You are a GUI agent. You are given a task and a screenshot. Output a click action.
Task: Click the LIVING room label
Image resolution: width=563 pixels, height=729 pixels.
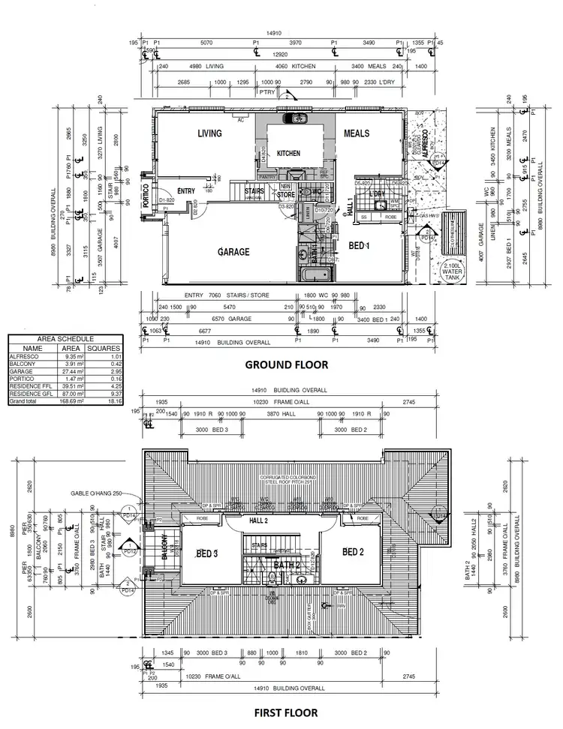tap(210, 133)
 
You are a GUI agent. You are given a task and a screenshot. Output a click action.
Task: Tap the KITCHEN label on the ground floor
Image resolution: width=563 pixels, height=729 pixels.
tap(288, 153)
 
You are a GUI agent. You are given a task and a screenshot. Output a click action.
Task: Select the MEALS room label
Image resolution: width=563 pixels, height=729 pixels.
tap(357, 133)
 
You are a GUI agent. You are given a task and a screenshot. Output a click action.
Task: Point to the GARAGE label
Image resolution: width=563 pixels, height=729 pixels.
tap(233, 252)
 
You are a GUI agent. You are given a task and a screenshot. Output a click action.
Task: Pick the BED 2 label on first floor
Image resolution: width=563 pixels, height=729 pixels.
tap(353, 552)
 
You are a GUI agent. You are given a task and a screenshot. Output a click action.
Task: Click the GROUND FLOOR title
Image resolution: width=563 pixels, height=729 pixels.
tap(288, 365)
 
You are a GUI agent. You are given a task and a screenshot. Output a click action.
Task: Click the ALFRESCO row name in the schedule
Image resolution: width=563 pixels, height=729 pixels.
tap(23, 356)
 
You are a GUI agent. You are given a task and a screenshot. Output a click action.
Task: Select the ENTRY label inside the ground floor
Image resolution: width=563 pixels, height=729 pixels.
tap(186, 190)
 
